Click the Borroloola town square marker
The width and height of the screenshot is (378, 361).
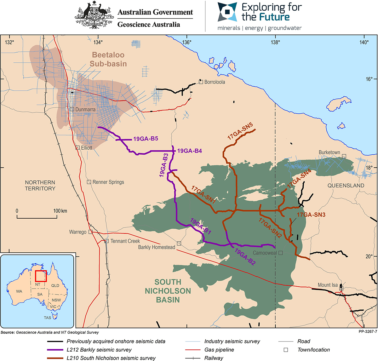[201, 82]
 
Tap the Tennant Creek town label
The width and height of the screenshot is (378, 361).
[125, 241]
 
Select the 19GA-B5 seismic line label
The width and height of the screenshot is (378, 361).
[146, 139]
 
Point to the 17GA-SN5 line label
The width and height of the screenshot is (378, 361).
[240, 132]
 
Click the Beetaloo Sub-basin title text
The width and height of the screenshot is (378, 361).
[108, 59]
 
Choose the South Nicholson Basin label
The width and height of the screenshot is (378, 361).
[168, 291]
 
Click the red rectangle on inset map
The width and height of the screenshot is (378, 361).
[41, 276]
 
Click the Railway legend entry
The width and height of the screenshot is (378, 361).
[214, 358]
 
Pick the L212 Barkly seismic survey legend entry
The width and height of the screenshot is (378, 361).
[99, 350]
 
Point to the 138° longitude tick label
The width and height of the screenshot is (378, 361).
[275, 43]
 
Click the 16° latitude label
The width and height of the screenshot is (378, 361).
[369, 79]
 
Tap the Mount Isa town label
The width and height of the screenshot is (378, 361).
[328, 285]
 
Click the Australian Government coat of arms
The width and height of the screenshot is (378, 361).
[94, 15]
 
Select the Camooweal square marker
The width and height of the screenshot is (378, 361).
[281, 253]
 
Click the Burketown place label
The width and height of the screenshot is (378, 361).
[329, 152]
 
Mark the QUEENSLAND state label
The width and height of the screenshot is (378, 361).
[346, 186]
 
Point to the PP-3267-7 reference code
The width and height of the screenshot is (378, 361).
[367, 332]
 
